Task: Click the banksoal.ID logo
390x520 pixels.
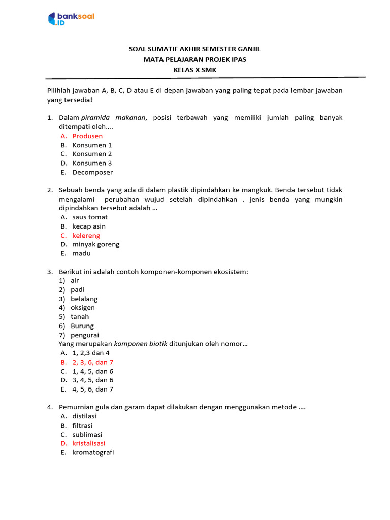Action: [x=71, y=19]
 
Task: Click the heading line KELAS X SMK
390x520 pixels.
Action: [x=195, y=70]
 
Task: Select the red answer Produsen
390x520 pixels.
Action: [x=87, y=136]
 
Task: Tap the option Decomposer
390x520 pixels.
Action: [x=92, y=172]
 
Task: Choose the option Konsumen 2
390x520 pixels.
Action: [x=92, y=154]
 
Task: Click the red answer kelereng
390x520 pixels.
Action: [x=86, y=236]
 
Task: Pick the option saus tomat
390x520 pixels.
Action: [x=90, y=217]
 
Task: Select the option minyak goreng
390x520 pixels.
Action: [x=96, y=244]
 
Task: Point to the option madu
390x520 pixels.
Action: [x=81, y=253]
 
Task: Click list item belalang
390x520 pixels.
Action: [x=84, y=299]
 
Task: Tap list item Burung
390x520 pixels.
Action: [x=82, y=326]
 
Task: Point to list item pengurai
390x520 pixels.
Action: [x=85, y=335]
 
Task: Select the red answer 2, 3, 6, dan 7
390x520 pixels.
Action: [x=92, y=362]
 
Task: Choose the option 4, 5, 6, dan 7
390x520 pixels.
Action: [x=92, y=389]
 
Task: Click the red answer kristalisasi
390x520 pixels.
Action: [x=89, y=443]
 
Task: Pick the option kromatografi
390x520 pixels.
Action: [x=93, y=452]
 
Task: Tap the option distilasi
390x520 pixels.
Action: [x=84, y=416]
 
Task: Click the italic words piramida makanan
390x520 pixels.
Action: [x=114, y=118]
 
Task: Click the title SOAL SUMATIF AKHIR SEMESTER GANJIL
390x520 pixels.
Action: [x=195, y=50]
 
